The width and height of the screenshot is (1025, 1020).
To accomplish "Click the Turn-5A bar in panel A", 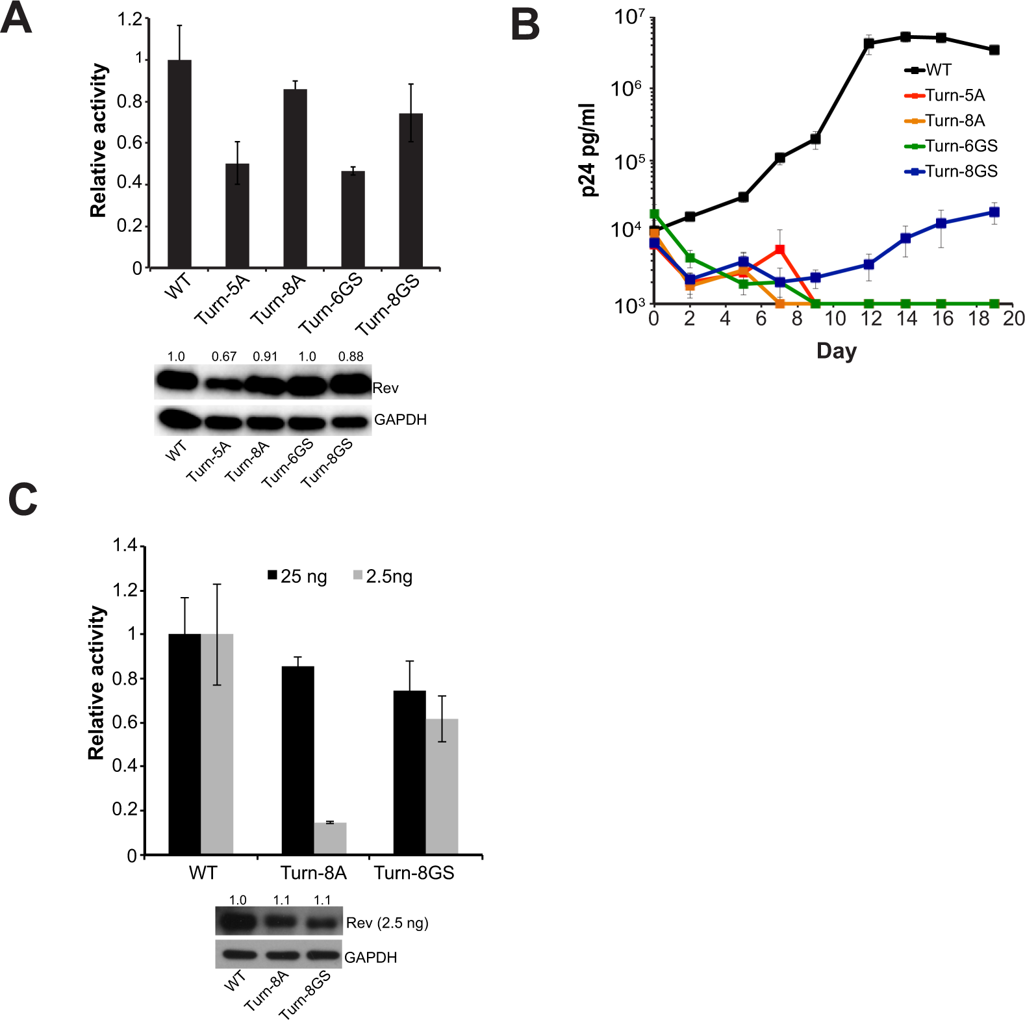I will (237, 216).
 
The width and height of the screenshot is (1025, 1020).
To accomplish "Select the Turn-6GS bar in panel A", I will (353, 220).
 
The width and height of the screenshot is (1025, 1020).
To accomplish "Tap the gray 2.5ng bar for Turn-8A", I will (330, 838).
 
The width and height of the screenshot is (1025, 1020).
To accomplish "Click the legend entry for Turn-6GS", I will (951, 146).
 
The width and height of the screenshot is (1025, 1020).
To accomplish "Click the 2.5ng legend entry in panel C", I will (383, 576).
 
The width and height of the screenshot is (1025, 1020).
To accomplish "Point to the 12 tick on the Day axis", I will (870, 318).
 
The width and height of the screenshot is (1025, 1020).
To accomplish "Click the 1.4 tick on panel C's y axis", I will (125, 546).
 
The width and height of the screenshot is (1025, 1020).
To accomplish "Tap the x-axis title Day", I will (836, 351).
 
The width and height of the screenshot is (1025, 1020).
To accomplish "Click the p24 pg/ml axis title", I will (588, 149).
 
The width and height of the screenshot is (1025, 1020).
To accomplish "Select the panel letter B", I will (525, 26).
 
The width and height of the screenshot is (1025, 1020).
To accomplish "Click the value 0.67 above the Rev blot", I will (224, 357).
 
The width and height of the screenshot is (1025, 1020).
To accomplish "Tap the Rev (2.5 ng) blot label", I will (387, 923).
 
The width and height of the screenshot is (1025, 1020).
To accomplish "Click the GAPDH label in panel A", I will (400, 420).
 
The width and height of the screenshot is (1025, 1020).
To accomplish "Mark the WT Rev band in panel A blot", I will (177, 380).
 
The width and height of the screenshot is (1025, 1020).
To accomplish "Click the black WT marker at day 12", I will (868, 44).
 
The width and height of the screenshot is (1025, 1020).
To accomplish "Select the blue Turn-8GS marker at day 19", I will (994, 212).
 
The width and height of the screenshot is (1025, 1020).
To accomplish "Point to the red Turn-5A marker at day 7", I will (779, 250).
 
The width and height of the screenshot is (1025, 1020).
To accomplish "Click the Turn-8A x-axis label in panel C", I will (313, 873).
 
